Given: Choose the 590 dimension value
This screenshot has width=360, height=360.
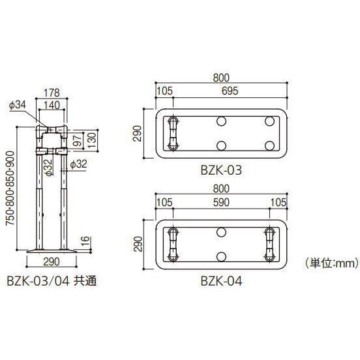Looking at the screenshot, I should pos(222,203).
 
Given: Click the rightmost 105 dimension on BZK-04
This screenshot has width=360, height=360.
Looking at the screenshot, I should pos(277,203).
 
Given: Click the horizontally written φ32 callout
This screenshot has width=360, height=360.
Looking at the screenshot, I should pos(77,164).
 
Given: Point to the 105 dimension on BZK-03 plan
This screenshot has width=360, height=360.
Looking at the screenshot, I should pos(165,91).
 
